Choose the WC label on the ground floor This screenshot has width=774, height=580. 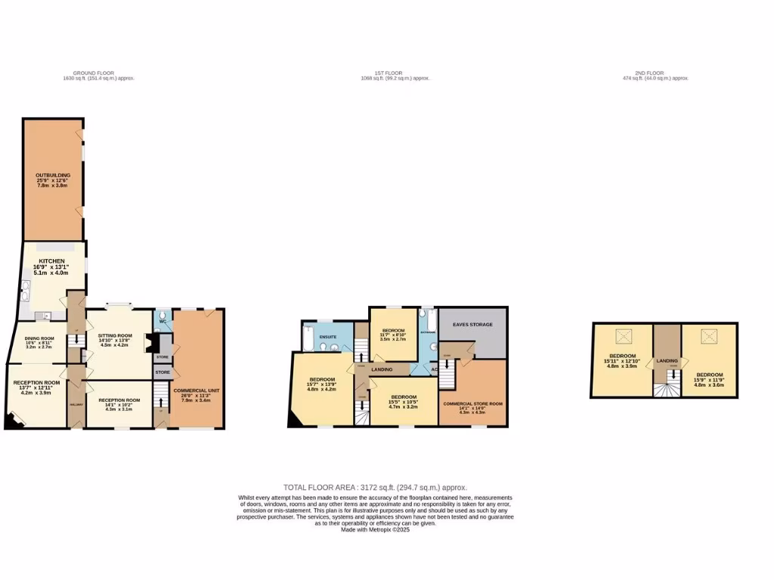pos(163,321)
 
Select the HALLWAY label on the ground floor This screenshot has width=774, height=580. pos(76,403)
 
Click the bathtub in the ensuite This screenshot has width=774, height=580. pos(308,338)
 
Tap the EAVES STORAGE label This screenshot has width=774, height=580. pos(472,325)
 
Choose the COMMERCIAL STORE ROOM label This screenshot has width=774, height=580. pos(472,404)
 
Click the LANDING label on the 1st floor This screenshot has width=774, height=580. pos(382,369)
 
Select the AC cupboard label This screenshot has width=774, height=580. pos(435,369)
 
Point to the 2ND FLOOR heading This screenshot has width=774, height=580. pos(655,73)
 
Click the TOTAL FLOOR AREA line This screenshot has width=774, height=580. pos(380,488)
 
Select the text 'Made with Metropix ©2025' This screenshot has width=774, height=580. pos(376,529)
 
